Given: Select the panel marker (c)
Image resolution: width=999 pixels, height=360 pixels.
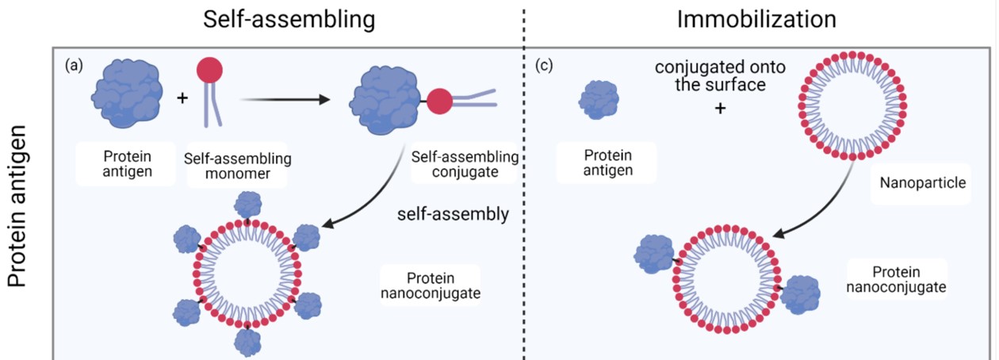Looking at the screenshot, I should pos(544,66).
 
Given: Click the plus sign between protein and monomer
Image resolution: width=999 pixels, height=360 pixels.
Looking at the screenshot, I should pos(183,99).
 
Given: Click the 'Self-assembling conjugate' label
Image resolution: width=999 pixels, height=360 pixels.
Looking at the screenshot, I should pos(465,164).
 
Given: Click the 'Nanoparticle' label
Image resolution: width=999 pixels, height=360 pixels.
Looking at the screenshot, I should pos(911,183).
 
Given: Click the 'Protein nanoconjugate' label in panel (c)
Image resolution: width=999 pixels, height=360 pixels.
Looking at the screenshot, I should pos(896,278).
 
